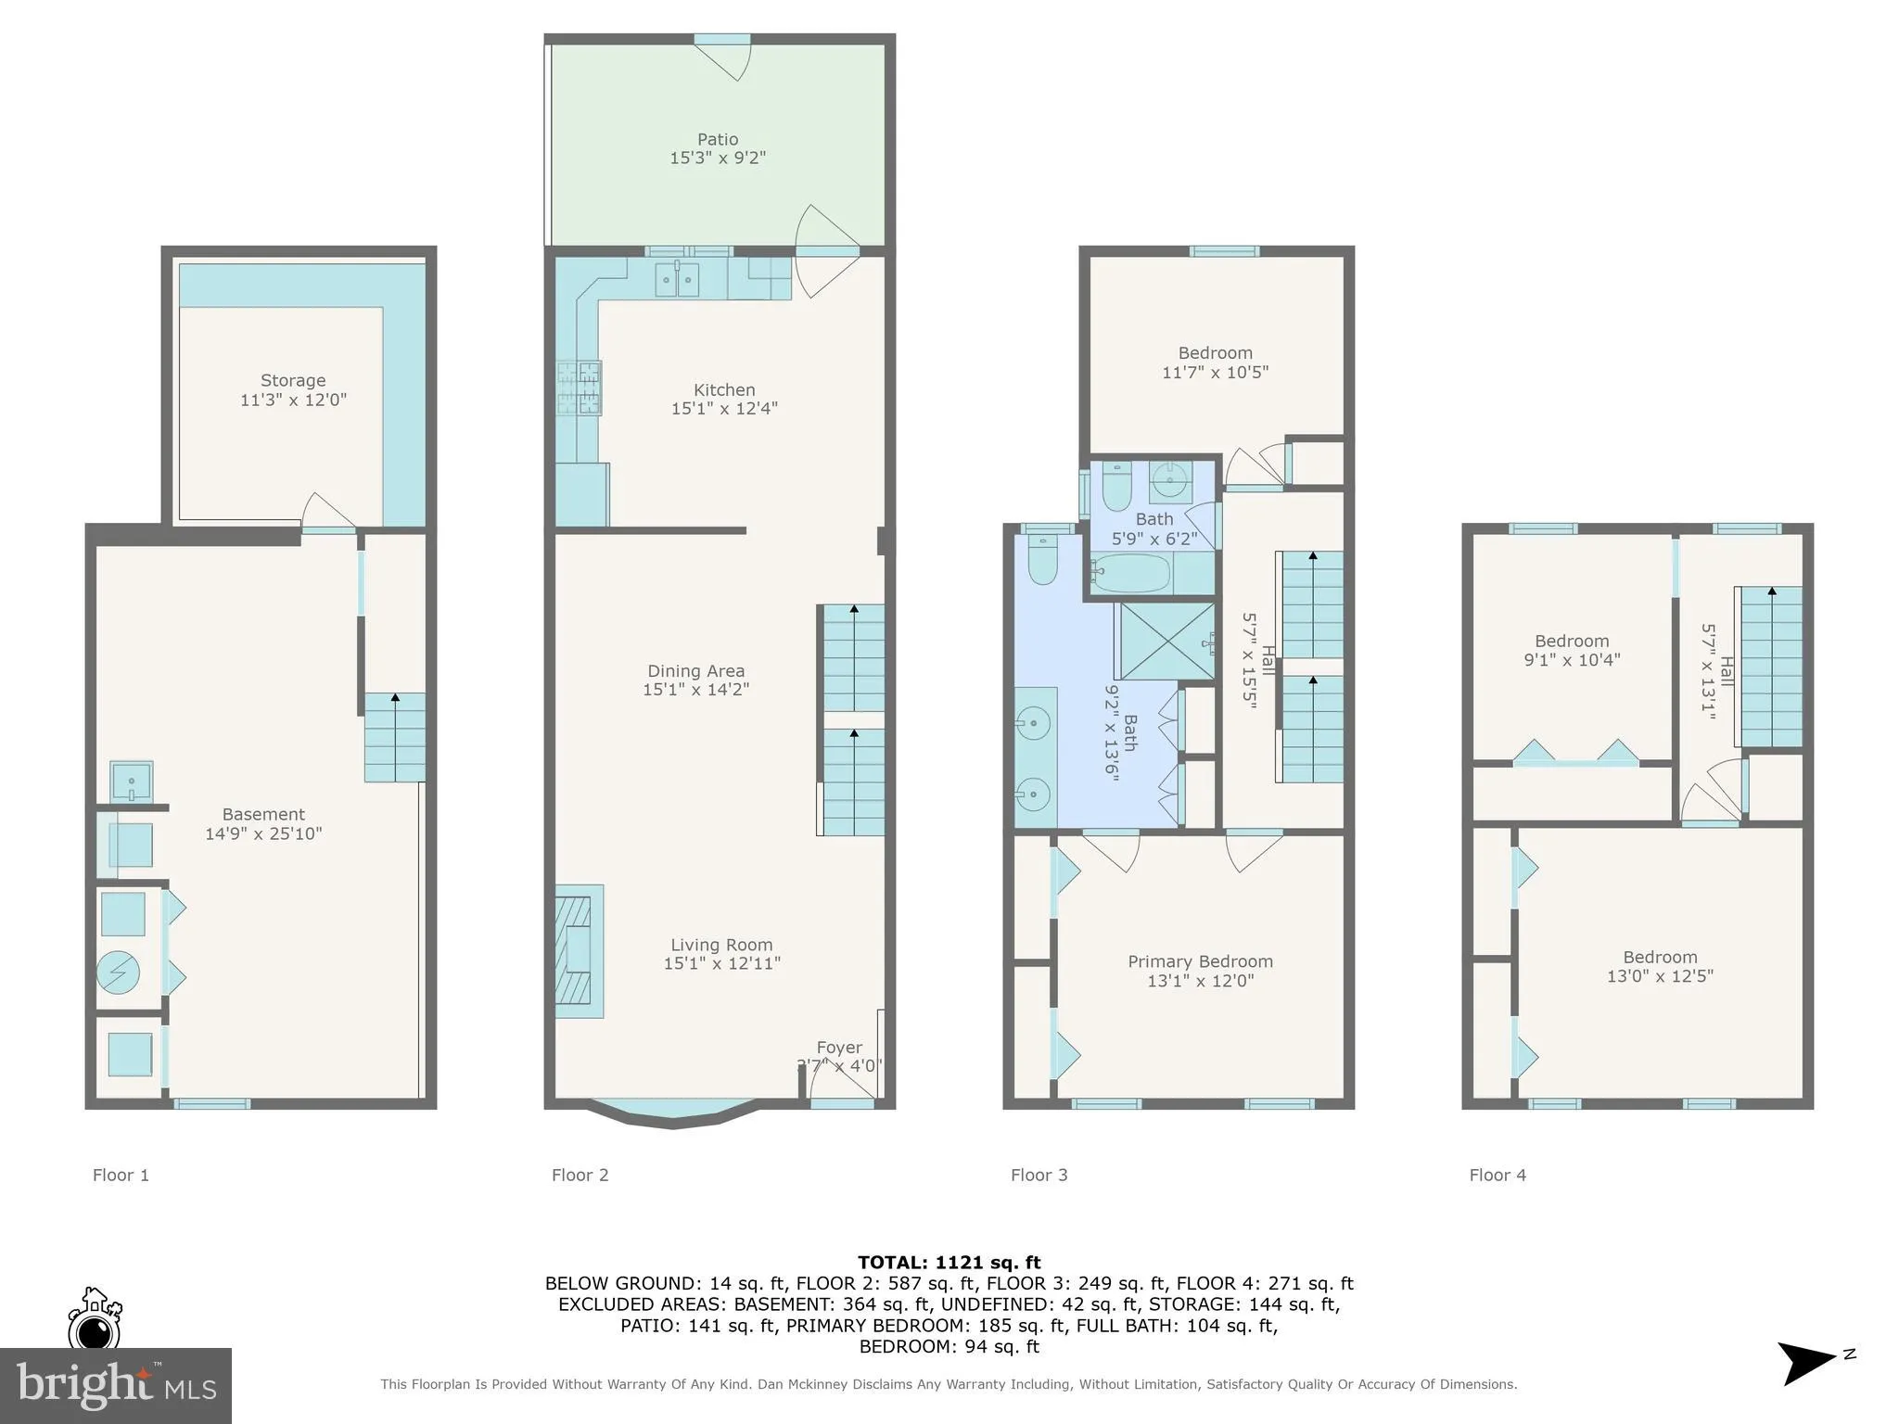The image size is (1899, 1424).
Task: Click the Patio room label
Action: [718, 140]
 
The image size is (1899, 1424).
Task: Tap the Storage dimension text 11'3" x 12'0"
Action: [293, 400]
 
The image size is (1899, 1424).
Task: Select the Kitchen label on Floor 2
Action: [724, 389]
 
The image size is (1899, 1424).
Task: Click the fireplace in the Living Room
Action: [579, 951]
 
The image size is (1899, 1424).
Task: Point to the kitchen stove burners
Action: [580, 388]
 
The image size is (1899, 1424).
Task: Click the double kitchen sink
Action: [677, 279]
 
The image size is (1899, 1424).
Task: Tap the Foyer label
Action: [839, 1048]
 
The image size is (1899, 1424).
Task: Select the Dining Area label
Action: [695, 670]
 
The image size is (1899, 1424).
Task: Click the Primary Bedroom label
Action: [1200, 961]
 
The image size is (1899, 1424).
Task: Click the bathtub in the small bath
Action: [1132, 573]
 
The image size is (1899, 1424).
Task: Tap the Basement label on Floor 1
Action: [263, 814]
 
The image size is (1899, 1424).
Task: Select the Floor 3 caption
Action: [1039, 1175]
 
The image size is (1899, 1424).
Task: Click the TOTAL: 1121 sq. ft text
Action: [949, 1262]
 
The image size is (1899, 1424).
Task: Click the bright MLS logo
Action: [115, 1385]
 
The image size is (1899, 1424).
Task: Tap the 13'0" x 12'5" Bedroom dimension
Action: [1660, 976]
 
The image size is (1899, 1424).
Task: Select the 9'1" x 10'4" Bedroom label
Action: [1572, 641]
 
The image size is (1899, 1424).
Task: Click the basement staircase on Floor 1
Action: [395, 738]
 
